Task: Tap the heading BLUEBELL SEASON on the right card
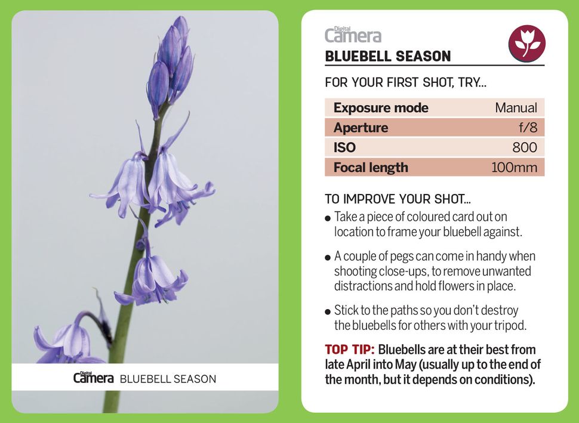387,57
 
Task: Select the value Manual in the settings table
516,108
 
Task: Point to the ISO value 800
524,147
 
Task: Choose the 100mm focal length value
514,168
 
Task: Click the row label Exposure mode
381,108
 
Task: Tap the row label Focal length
371,168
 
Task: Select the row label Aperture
361,128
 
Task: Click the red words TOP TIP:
349,350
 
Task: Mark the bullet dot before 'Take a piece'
328,218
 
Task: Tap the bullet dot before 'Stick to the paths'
328,311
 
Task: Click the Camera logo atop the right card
353,35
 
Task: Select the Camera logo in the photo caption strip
93,378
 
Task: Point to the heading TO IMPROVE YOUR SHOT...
397,199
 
